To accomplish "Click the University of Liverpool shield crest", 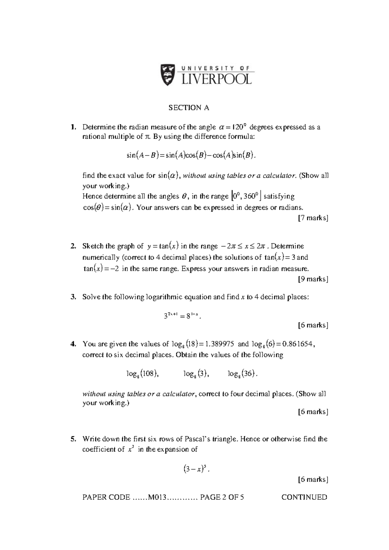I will pos(168,74).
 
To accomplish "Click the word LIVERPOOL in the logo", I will pos(216,79).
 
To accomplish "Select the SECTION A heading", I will pos(189,108).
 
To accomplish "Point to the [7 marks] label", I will pos(313,218).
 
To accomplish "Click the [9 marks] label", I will pos(313,279).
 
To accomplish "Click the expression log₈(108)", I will pos(142,374).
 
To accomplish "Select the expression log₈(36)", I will pos(242,374).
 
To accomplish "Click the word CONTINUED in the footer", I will pos(304,497).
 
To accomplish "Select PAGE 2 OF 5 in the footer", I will pos(222,497).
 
